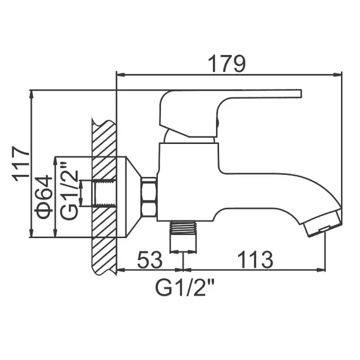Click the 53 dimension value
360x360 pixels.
(x=149, y=259)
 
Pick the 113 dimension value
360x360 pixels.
(x=255, y=259)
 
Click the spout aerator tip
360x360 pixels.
(x=322, y=224)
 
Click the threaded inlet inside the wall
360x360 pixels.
(x=104, y=196)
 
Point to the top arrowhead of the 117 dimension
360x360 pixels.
(x=30, y=92)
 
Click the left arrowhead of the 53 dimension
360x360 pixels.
(x=119, y=270)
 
